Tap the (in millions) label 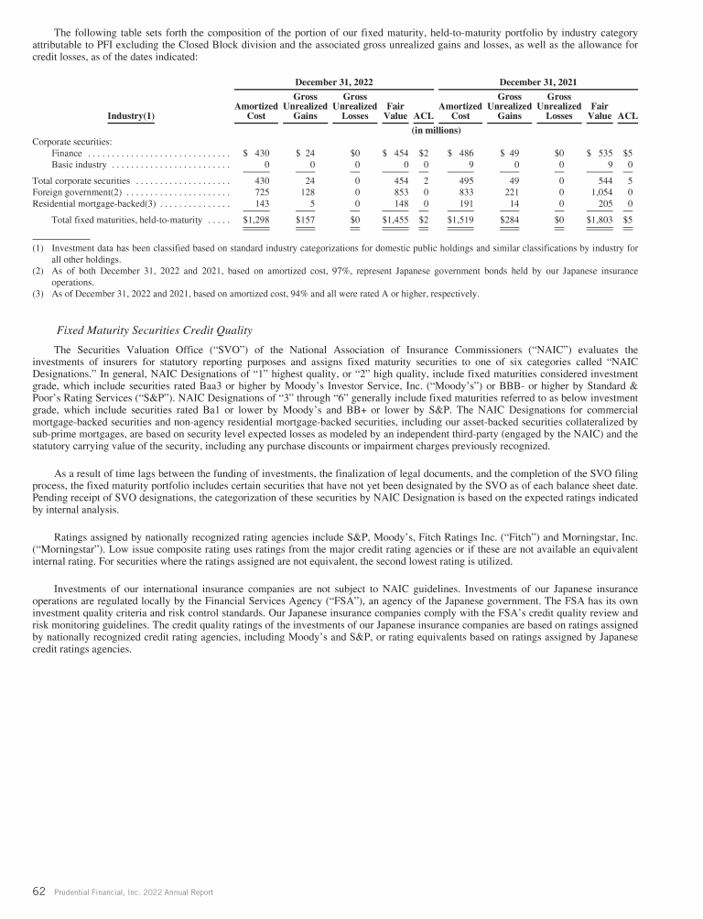(439, 130)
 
